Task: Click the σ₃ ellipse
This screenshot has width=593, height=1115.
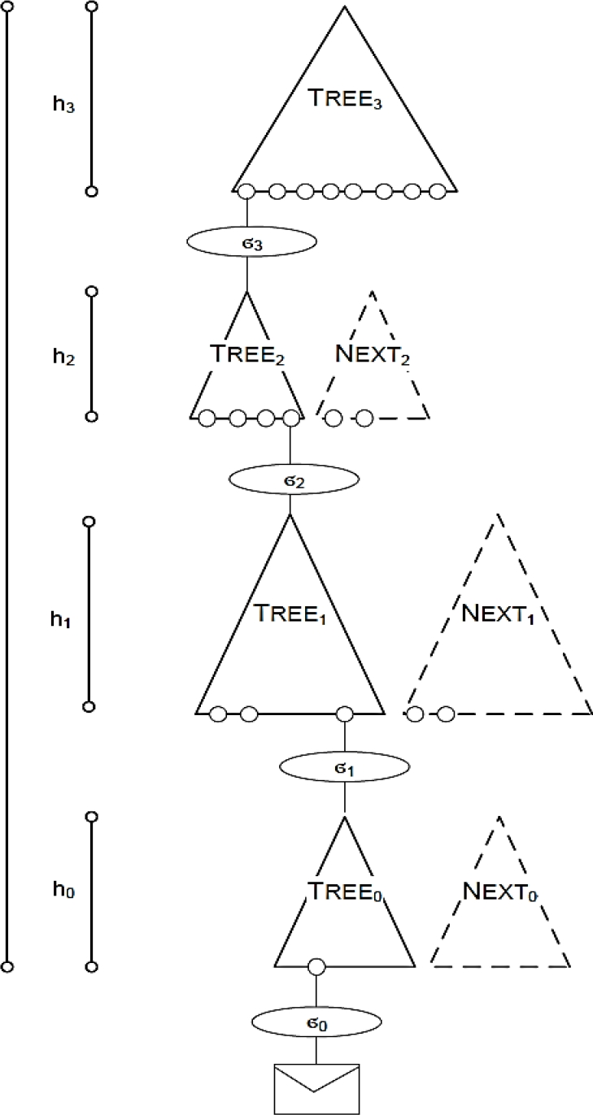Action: [251, 241]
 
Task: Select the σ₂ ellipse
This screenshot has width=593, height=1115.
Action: [290, 479]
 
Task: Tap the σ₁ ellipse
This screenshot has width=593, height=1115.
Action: [344, 766]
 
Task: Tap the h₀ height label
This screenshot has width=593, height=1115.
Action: [63, 890]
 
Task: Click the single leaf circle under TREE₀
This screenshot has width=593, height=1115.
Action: [316, 967]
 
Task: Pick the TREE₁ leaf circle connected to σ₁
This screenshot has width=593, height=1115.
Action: [344, 714]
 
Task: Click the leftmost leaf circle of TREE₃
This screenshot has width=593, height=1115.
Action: [246, 192]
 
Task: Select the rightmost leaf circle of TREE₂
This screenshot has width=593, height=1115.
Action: [290, 419]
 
